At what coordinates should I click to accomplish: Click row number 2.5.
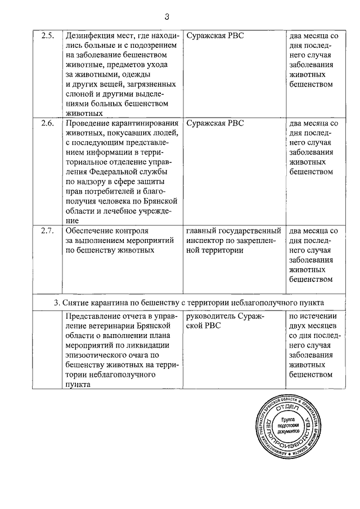pos(48,35)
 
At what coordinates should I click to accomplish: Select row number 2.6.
pos(48,122)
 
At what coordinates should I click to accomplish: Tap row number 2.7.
pos(48,231)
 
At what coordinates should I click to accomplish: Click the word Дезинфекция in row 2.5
pos(93,35)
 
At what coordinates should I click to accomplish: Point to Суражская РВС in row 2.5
pos(215,35)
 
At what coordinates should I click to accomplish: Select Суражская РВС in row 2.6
pos(215,122)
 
